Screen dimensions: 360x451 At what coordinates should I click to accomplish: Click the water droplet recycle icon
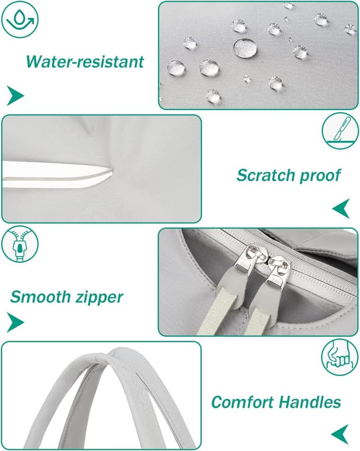pos(20,20)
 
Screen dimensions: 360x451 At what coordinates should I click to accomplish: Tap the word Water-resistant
pos(85,61)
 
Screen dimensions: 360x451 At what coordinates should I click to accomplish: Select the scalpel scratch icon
pos(340,131)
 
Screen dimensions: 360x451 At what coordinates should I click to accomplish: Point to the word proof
pos(320,176)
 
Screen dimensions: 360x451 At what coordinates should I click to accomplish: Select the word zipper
pos(99,298)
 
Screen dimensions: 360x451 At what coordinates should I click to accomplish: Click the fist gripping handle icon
pos(340,358)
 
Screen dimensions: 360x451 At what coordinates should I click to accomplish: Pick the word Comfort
pos(242,402)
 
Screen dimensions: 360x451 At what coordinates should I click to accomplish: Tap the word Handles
pos(310,402)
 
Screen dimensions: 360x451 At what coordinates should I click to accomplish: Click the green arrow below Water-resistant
pos(16,96)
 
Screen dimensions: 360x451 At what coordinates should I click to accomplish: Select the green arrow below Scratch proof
pos(341,208)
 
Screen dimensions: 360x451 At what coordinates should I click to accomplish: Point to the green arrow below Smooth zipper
pos(16,322)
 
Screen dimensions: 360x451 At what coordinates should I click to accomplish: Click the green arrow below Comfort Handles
pos(340,434)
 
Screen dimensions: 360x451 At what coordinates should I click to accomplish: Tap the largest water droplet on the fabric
pos(245,48)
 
